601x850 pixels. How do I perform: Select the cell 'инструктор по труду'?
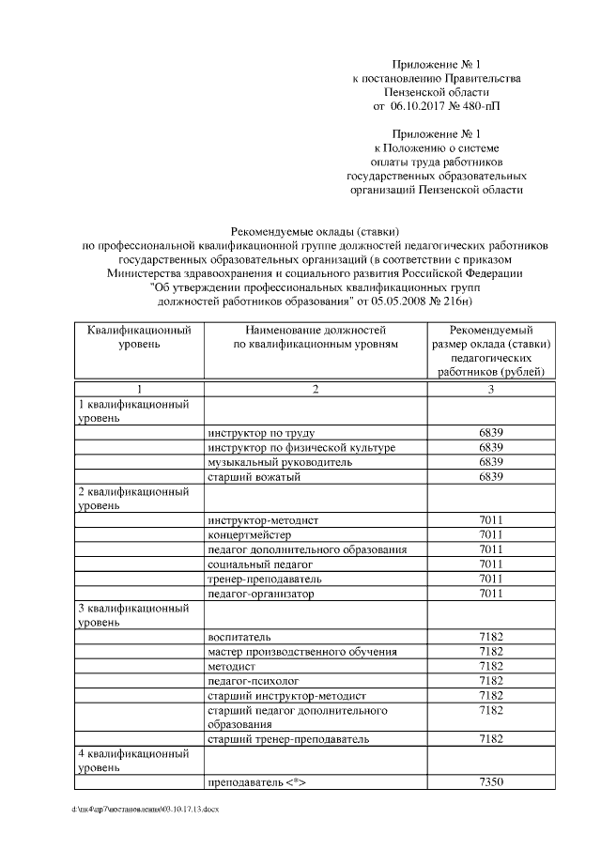pos(258,432)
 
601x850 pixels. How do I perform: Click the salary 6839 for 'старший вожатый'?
pos(491,477)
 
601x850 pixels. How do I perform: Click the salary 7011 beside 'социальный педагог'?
pos(491,564)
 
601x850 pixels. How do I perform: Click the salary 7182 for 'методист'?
pos(491,666)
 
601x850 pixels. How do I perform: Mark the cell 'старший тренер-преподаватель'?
pos(288,739)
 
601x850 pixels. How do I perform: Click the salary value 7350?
pos(491,782)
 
